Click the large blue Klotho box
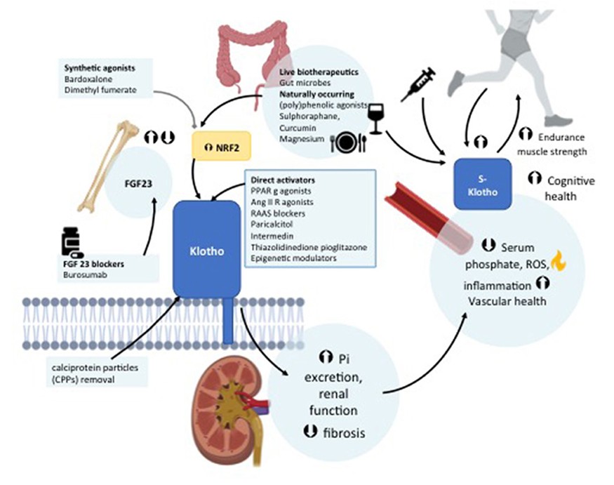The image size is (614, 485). (206, 248)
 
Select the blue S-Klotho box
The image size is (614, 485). (481, 184)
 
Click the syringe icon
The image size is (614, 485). (419, 84)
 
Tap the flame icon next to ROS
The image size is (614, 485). (559, 262)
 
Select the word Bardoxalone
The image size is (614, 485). (83, 79)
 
